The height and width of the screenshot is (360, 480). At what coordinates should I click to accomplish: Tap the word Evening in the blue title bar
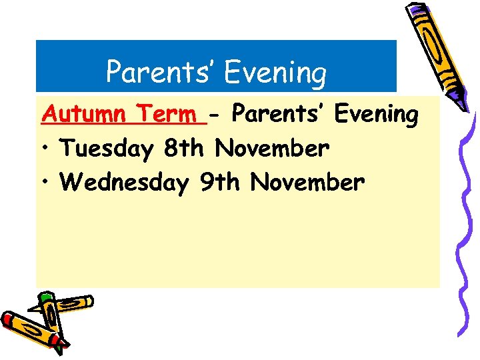(275, 73)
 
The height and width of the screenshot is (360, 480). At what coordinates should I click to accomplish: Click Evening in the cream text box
(376, 115)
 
